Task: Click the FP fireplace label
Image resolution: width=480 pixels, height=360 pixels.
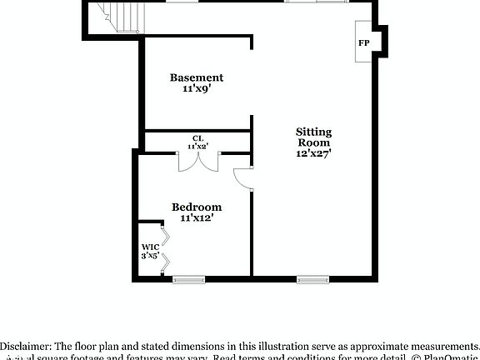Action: (x=364, y=42)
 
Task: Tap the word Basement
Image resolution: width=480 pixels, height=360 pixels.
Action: (x=197, y=77)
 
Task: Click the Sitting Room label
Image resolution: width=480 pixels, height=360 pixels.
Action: (x=314, y=137)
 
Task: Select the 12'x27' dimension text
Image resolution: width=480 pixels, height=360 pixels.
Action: (x=314, y=153)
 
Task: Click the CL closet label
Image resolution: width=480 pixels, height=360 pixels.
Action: (x=197, y=137)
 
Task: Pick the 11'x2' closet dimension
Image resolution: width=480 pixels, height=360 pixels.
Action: (x=197, y=146)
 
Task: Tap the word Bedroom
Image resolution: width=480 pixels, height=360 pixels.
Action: (x=197, y=207)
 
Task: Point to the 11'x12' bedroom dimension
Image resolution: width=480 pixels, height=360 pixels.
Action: (x=197, y=217)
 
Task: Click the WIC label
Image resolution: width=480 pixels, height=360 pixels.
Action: (x=150, y=247)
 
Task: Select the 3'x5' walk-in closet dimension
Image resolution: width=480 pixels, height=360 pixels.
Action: (x=150, y=256)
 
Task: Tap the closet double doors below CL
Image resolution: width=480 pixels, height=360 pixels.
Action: (x=198, y=160)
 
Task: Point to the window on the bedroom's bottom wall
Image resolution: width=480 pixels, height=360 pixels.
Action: (x=188, y=279)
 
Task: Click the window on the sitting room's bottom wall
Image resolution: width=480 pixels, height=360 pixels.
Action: (x=312, y=279)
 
